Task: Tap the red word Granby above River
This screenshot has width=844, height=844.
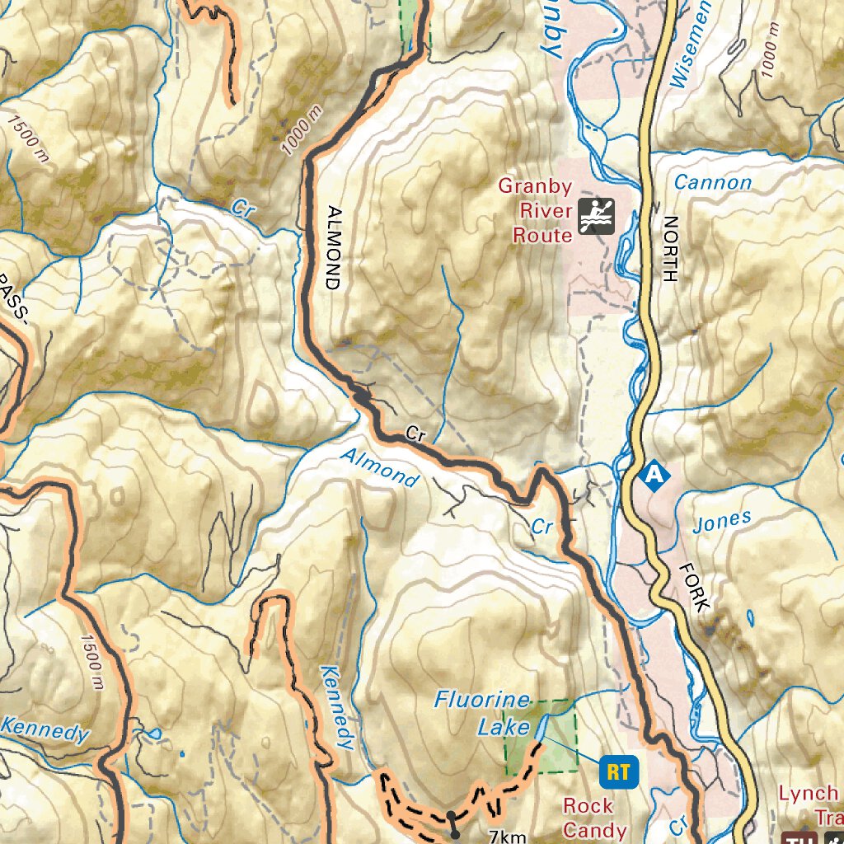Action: pos(534,186)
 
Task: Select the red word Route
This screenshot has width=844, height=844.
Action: pos(542,237)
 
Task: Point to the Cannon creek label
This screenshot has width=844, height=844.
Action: pos(712,183)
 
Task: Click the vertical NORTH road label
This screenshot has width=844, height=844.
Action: pos(669,249)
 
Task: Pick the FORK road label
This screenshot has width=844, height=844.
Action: pos(694,587)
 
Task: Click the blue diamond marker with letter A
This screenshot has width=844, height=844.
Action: pos(654,475)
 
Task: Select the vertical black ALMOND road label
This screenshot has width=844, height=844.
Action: pos(332,247)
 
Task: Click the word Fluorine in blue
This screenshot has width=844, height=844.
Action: pos(483,701)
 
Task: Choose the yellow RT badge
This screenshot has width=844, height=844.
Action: pos(619,772)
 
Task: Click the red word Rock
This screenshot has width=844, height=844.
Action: pos(588,805)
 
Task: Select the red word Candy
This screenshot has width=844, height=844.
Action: pos(594,830)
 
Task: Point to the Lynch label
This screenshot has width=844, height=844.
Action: pos(808,794)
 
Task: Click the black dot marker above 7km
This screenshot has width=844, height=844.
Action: pos(452,816)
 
